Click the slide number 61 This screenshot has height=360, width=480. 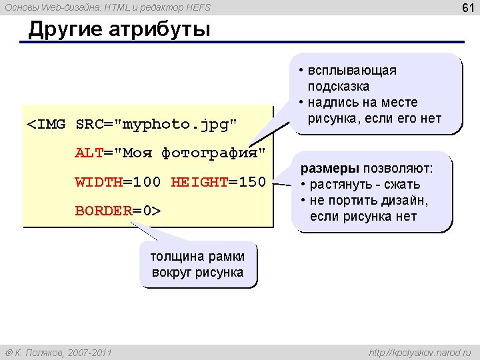click(x=468, y=7)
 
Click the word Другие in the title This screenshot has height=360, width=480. click(x=65, y=30)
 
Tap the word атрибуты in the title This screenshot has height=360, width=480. click(x=159, y=30)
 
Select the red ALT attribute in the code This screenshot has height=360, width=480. click(x=89, y=153)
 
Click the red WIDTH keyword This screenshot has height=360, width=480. click(x=99, y=182)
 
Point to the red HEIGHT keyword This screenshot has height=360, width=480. click(x=199, y=182)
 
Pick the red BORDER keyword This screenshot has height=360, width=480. click(x=104, y=211)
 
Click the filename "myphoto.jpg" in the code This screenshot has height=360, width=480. click(x=176, y=125)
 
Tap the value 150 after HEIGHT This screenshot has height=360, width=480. click(x=253, y=182)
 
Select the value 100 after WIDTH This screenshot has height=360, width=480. click(x=147, y=182)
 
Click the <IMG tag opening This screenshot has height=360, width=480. click(x=46, y=124)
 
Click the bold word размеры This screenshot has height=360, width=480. click(x=330, y=169)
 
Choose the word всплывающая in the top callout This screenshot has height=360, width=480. click(x=352, y=71)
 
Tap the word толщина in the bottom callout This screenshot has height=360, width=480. click(x=176, y=257)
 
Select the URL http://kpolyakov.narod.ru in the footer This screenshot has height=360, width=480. click(x=420, y=353)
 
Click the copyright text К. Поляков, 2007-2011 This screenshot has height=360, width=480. click(x=63, y=353)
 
